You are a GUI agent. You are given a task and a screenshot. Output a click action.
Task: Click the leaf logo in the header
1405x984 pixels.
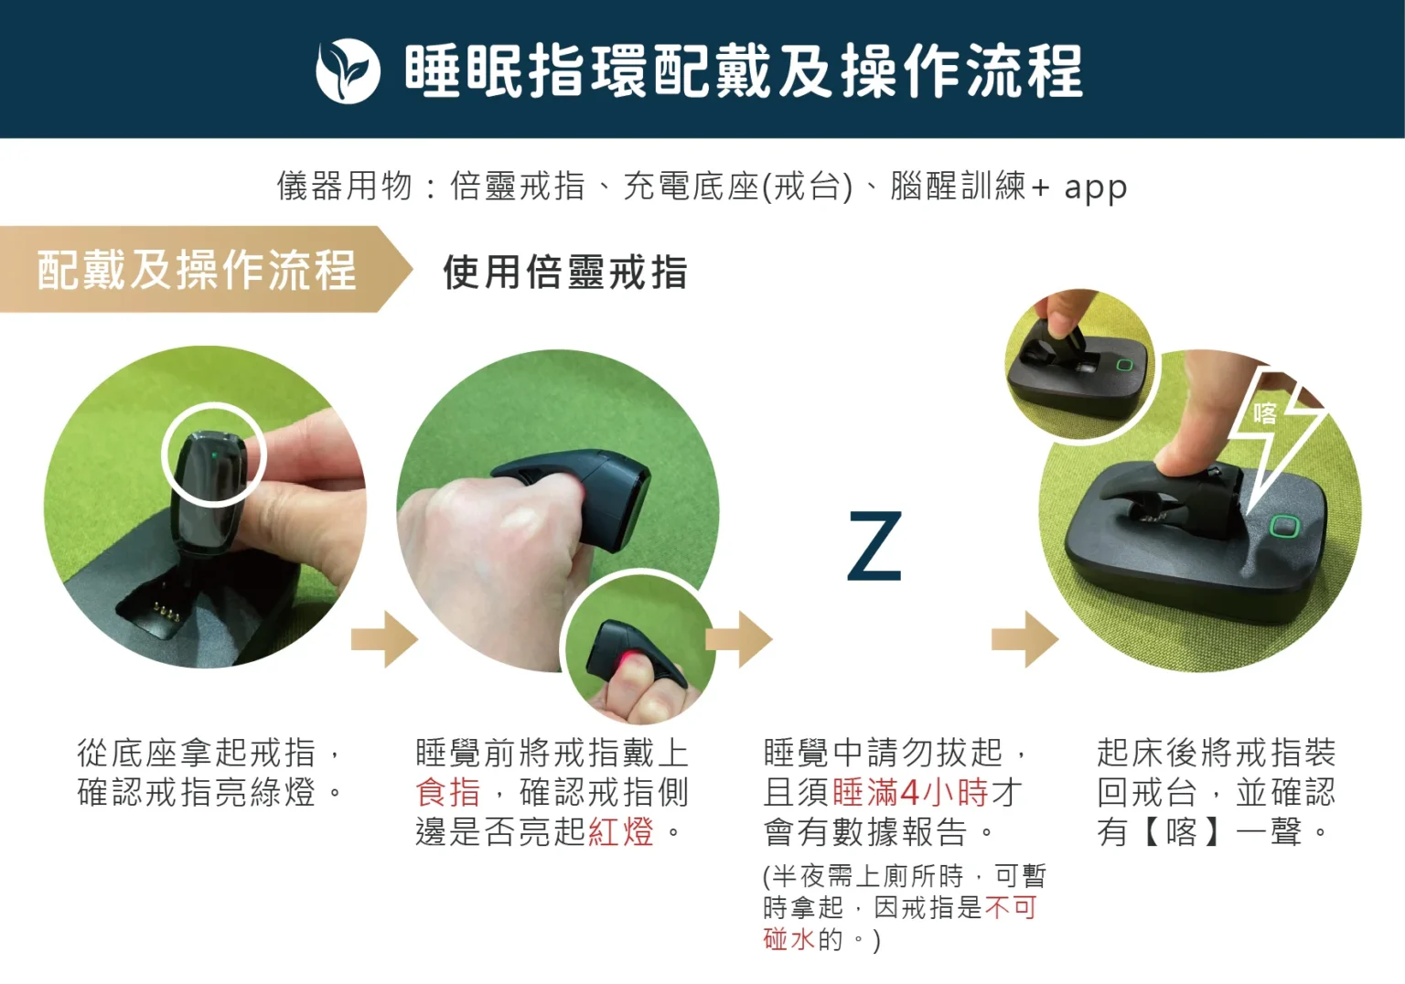coord(348,70)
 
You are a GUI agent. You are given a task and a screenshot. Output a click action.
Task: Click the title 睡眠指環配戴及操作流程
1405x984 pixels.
coord(743,70)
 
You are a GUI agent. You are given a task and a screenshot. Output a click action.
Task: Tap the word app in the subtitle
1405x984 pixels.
coord(1095,187)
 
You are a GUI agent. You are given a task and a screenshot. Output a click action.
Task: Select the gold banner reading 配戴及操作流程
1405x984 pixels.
coord(197,270)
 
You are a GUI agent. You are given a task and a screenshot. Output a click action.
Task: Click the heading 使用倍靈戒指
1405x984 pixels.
coord(564,272)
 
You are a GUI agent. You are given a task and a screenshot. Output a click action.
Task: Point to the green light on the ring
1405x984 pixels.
coord(213,451)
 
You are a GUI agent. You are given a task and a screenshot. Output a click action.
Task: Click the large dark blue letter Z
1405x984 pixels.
coord(874,547)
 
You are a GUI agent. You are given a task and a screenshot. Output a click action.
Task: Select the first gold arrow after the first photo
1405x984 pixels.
coord(384,638)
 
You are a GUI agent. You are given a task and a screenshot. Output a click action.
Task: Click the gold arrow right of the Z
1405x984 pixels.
coord(1024,638)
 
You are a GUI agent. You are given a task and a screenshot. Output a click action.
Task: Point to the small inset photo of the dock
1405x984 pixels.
coord(1079,364)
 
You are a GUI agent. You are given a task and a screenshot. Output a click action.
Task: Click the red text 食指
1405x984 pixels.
coord(447,792)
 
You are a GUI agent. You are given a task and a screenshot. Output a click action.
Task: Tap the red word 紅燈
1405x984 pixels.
coord(620,832)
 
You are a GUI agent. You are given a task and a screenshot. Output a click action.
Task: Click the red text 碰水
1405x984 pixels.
coord(788,939)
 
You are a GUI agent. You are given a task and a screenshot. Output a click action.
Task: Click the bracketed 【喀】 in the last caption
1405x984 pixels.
coord(1181,832)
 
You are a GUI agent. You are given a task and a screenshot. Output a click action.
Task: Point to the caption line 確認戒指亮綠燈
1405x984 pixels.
coord(197,792)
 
